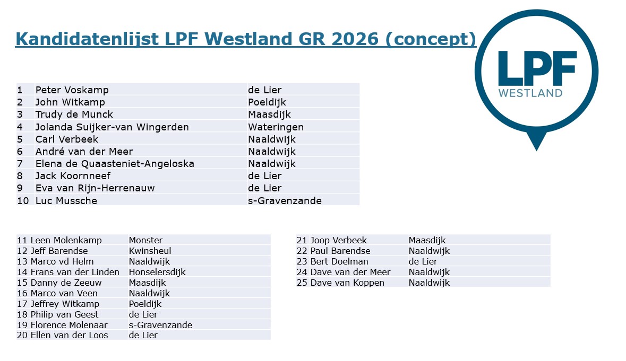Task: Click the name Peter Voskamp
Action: (72, 90)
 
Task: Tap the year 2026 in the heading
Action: (355, 39)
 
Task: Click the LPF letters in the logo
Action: (537, 68)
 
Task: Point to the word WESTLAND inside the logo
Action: (530, 93)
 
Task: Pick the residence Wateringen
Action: (276, 127)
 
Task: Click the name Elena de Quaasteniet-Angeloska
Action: (115, 164)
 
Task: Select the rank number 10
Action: (23, 201)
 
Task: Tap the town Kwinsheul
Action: (150, 251)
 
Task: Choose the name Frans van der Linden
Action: (75, 272)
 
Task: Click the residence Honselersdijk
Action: (157, 272)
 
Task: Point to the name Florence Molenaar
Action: (69, 325)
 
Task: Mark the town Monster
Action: (145, 240)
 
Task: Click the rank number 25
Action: (302, 283)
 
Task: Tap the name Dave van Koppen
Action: (347, 283)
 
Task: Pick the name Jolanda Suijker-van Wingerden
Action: (112, 127)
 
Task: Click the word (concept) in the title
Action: (431, 39)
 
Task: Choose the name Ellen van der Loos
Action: (70, 336)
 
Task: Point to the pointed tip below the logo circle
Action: (536, 150)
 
